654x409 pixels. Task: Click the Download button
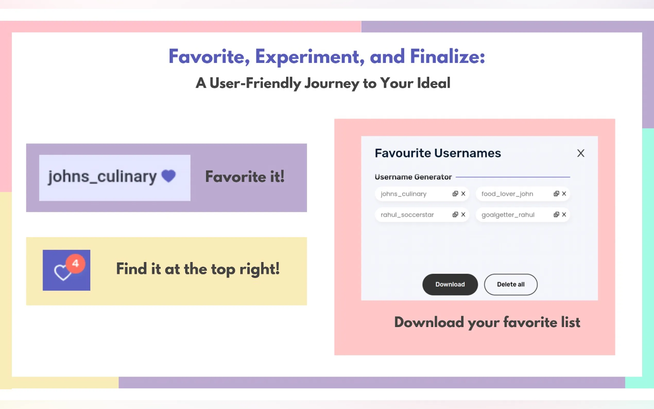(450, 284)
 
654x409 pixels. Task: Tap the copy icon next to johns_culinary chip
(455, 194)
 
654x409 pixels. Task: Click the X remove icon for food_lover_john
(564, 194)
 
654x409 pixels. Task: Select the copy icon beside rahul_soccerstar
(455, 215)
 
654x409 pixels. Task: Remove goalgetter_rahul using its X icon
(564, 215)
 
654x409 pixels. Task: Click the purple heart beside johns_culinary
(168, 176)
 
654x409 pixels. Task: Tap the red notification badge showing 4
(75, 263)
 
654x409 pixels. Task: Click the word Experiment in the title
(309, 57)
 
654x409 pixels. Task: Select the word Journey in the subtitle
(332, 83)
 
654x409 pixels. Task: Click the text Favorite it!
(245, 177)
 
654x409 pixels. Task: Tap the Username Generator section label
(413, 177)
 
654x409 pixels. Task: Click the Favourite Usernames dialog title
(438, 153)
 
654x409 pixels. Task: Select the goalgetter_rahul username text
(508, 215)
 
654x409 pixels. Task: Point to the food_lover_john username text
(507, 194)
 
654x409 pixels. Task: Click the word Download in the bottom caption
(429, 322)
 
